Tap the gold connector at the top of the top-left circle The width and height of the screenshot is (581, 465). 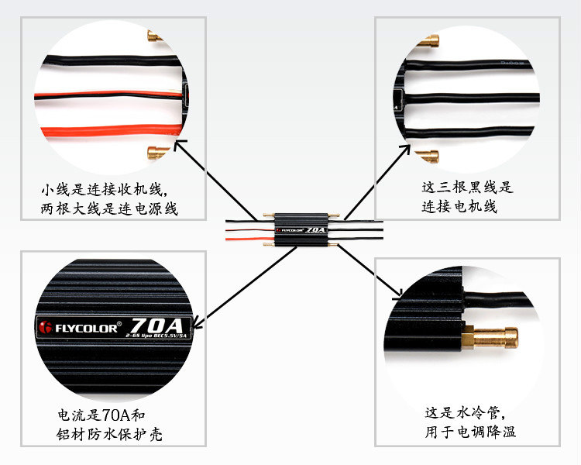155,37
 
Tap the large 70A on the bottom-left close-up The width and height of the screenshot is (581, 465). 156,323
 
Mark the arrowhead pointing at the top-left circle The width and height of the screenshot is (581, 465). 180,144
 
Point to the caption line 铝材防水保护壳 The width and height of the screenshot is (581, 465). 109,435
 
